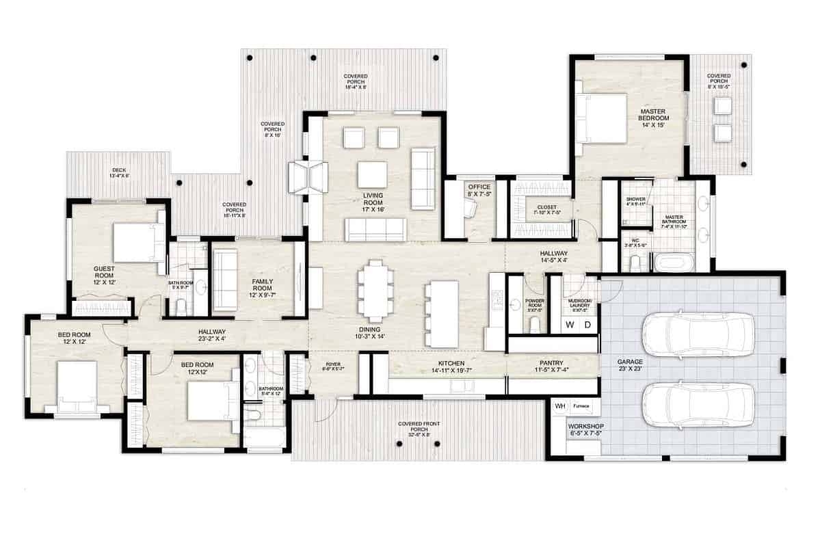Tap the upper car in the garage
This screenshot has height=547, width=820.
tap(698, 334)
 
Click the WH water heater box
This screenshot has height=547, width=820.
tap(560, 405)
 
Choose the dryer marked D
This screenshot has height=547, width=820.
tap(587, 325)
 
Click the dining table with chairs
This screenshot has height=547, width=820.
tap(375, 291)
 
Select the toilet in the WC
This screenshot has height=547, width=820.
tap(635, 264)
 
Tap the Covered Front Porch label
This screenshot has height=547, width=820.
tap(419, 428)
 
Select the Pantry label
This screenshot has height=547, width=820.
tap(551, 366)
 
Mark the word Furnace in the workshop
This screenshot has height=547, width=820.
tap(581, 405)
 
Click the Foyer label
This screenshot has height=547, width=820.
tap(333, 366)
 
